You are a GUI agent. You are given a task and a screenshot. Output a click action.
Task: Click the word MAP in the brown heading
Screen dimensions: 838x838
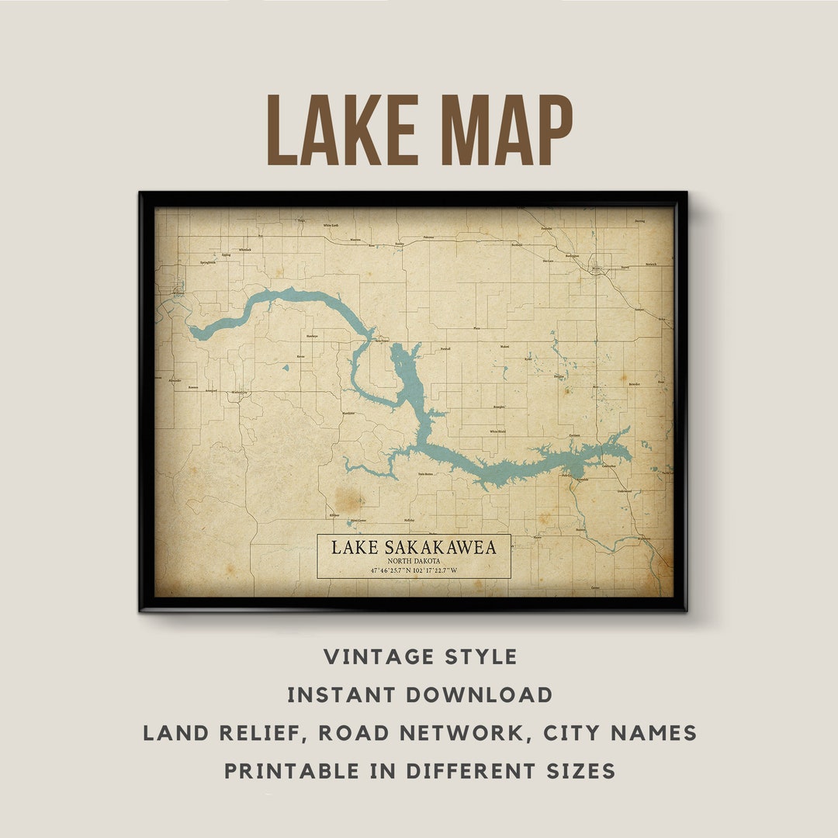coord(497,130)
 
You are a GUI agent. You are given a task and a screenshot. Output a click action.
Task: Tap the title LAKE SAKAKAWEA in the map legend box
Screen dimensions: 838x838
coord(414,547)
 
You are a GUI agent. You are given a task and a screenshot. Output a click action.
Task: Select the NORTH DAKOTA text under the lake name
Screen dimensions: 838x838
coord(414,560)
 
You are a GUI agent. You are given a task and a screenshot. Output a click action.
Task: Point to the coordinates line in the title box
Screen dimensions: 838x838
coord(414,571)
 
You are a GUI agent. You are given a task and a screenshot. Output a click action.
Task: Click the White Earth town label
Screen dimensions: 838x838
coord(331,225)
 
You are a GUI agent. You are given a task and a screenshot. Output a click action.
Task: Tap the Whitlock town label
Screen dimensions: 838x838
coord(245,250)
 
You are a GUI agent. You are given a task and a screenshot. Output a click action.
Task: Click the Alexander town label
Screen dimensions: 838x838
coord(175,380)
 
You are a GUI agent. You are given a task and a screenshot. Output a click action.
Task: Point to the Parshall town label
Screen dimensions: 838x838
coord(445,349)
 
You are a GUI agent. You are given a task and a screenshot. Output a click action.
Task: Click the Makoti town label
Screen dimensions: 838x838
coord(505,346)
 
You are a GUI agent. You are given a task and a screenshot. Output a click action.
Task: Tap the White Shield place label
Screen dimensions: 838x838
coord(497,431)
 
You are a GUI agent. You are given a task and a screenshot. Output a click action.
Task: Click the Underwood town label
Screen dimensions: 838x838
coord(624,491)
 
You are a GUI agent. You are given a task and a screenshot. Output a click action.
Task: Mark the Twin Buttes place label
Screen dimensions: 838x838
coord(425,473)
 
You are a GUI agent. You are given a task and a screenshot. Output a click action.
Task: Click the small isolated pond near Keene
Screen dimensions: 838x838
coord(286,367)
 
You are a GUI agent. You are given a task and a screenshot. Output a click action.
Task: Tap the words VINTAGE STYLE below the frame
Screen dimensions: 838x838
coord(420,657)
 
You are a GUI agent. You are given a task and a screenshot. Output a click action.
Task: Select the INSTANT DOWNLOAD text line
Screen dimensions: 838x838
coord(420,694)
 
